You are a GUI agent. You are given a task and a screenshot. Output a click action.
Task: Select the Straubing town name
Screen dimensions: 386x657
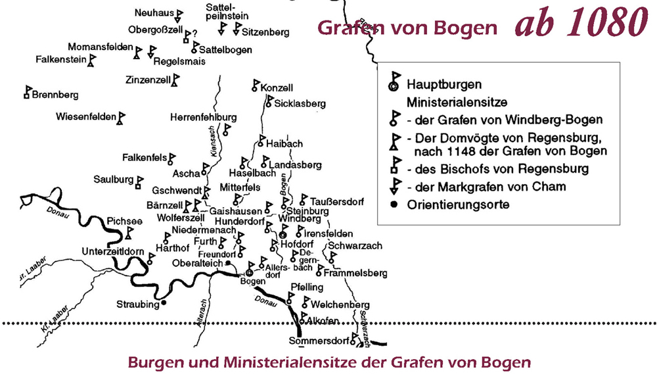(x=137, y=304)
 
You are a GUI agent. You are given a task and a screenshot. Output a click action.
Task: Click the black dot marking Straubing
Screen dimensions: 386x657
(x=164, y=304)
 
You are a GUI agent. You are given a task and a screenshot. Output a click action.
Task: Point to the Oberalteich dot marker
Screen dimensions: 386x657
(x=227, y=263)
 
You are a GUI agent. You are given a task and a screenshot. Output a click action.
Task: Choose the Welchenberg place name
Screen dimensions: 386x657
(x=341, y=305)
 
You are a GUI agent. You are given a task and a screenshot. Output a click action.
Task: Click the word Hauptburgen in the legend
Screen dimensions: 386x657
(x=444, y=85)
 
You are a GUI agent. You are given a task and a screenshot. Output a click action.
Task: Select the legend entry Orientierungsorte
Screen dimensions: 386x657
(x=458, y=205)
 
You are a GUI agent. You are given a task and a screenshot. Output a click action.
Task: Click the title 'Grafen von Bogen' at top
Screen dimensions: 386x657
(x=407, y=28)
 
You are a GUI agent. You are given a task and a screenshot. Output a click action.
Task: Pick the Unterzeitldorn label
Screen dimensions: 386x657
(x=113, y=251)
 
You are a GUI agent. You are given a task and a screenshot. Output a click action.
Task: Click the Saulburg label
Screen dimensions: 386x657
(x=114, y=179)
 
